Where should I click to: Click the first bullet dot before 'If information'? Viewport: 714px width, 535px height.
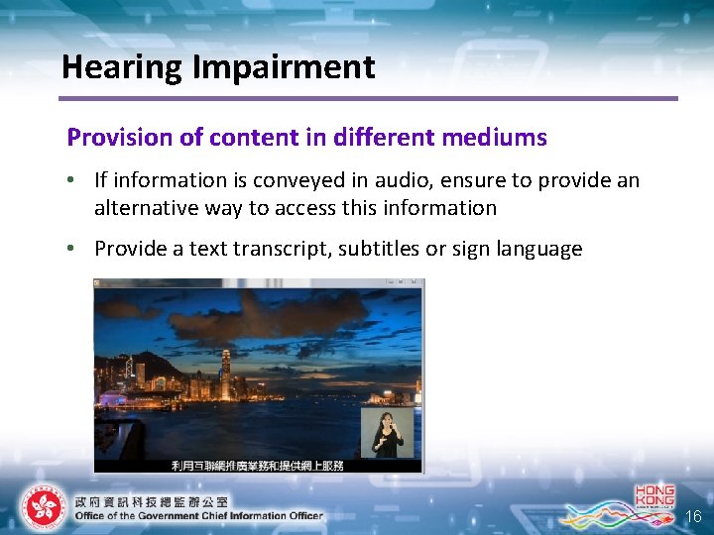(x=75, y=180)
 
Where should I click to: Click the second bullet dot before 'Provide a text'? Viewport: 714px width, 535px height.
(x=75, y=249)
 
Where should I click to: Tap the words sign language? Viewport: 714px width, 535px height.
(x=515, y=249)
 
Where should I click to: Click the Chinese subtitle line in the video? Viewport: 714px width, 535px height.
(x=258, y=465)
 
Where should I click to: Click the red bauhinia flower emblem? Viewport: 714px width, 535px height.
(x=42, y=508)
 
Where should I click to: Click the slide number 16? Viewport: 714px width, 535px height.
(x=693, y=516)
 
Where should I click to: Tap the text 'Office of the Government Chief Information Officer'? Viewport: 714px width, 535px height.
(x=198, y=515)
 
